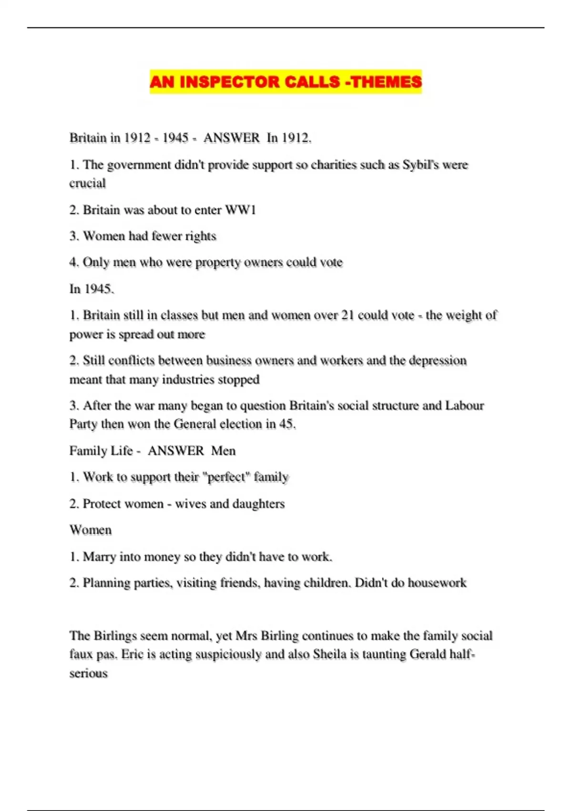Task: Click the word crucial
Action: pos(88,183)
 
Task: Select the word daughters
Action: pos(258,504)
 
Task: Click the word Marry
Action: pos(100,557)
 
